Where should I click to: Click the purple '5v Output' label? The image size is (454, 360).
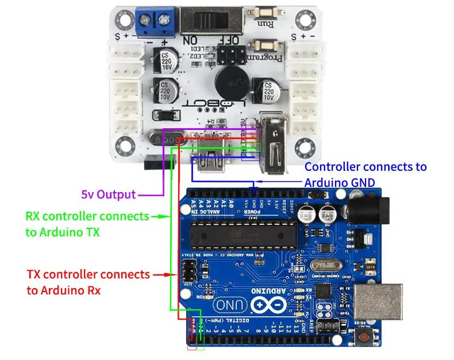[x=108, y=194]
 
